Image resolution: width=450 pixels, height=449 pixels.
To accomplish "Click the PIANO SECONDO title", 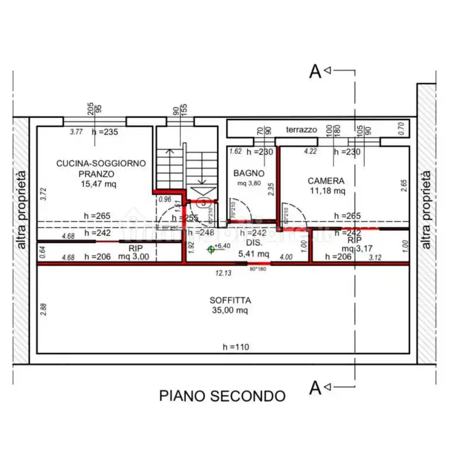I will pos(222,396).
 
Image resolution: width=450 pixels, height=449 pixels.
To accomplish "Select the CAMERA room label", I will pos(326,181).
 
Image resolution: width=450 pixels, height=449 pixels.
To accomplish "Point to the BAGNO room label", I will pos(249,173).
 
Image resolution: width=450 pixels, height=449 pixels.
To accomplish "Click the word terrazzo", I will pos(302,129).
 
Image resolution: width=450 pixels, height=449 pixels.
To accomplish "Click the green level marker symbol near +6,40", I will pos(210,249).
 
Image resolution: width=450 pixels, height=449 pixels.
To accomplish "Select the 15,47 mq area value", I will pos(98,184).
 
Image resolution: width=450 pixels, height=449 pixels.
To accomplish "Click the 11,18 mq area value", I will pos(327,191).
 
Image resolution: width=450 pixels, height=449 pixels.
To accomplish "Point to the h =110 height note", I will pos(236,347).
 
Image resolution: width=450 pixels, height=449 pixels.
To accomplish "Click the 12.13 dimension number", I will pos(224,273).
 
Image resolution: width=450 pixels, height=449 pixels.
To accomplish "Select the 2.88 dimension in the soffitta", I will pos(42,309).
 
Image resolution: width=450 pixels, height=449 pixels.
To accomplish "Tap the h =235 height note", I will pos(105,132).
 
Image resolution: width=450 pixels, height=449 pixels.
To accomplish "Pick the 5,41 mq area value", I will pos(254,254).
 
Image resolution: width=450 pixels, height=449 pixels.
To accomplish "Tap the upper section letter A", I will pos(315,72).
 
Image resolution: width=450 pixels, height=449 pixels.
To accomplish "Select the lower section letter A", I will pos(315,388).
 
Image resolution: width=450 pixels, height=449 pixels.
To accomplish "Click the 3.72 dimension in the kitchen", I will pos(42,195).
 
